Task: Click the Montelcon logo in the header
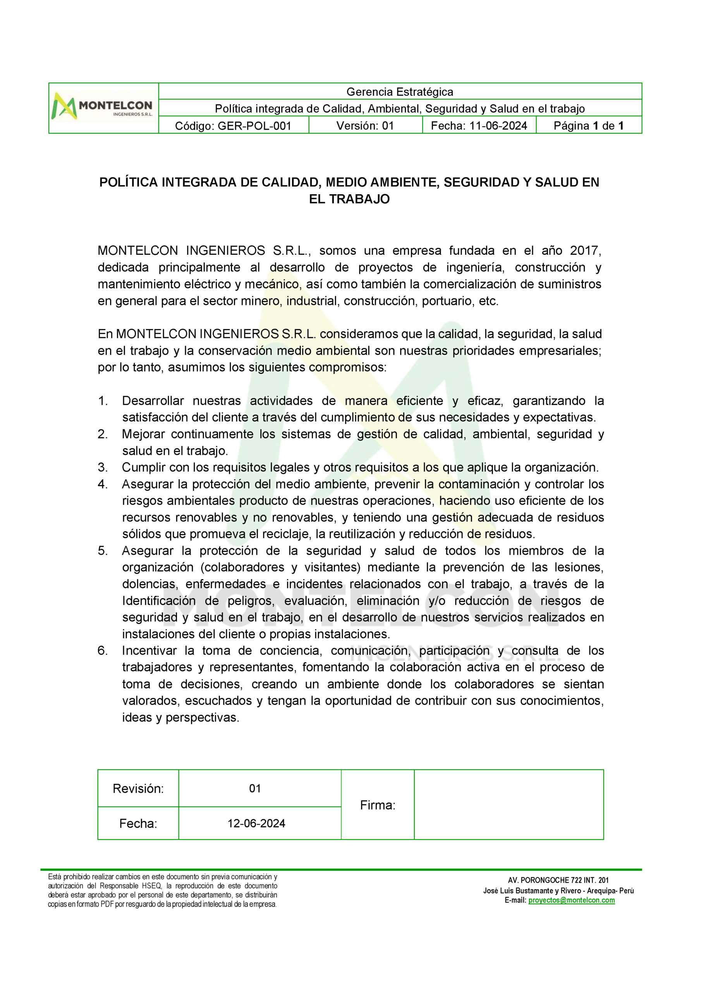click(x=102, y=108)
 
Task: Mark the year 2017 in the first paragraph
click(x=585, y=250)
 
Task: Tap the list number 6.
click(x=102, y=650)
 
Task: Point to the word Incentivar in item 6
click(x=149, y=650)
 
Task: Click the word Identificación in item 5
click(x=158, y=600)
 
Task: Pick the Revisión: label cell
click(x=138, y=789)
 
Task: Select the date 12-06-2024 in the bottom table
click(x=256, y=823)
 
